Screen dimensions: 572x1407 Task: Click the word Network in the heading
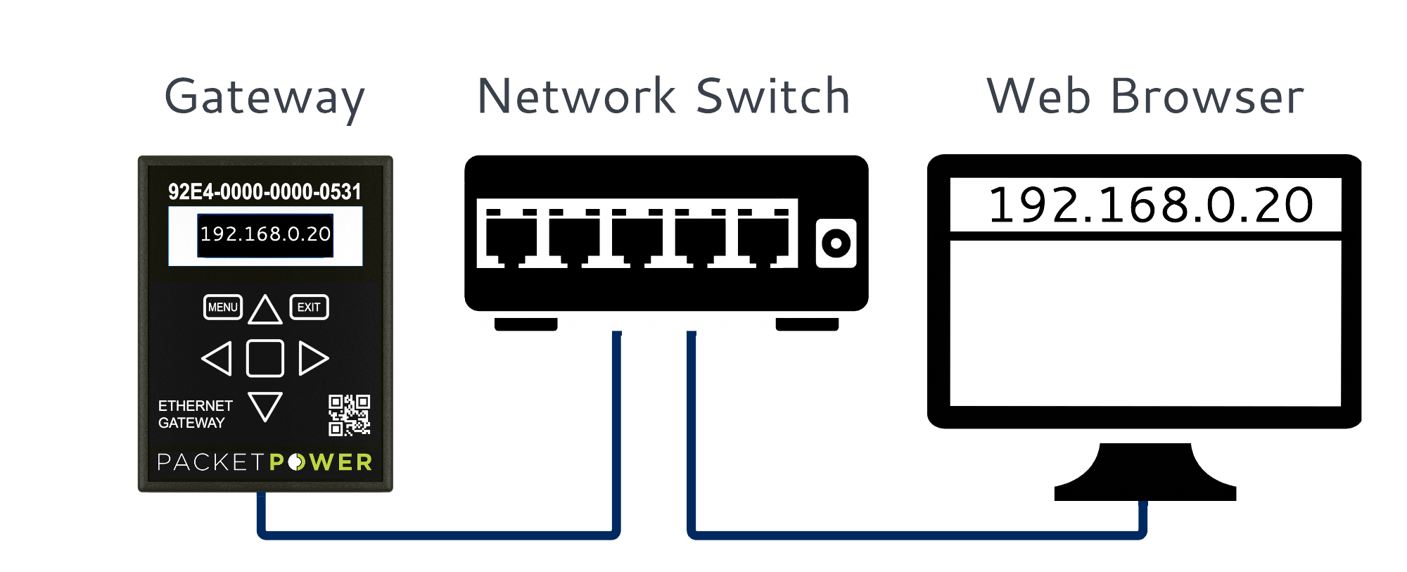pyautogui.click(x=577, y=96)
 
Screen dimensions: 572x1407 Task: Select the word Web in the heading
pyautogui.click(x=1039, y=96)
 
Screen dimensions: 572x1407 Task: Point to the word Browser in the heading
pyautogui.click(x=1207, y=96)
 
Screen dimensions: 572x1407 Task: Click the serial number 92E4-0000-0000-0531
pyautogui.click(x=265, y=191)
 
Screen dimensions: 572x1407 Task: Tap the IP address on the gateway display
pyautogui.click(x=265, y=234)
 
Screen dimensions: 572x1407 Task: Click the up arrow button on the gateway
pyautogui.click(x=265, y=310)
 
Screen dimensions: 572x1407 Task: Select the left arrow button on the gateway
pyautogui.click(x=217, y=358)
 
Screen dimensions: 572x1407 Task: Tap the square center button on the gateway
pyautogui.click(x=265, y=358)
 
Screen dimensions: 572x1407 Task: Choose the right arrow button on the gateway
pyautogui.click(x=312, y=358)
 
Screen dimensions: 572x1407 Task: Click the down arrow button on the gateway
pyautogui.click(x=265, y=406)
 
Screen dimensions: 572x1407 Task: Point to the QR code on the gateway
pyautogui.click(x=349, y=415)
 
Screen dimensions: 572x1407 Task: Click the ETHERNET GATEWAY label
pyautogui.click(x=195, y=414)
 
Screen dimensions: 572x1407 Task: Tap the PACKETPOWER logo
pyautogui.click(x=265, y=462)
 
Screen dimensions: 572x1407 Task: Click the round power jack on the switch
pyautogui.click(x=836, y=243)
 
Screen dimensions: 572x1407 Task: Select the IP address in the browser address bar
pyautogui.click(x=1150, y=205)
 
